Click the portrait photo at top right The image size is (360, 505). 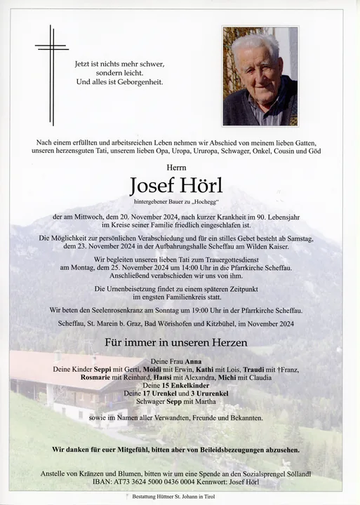(260, 76)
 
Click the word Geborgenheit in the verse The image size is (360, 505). (138, 82)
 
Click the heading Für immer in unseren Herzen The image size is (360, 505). (175, 343)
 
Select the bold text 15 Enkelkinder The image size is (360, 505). (185, 386)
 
